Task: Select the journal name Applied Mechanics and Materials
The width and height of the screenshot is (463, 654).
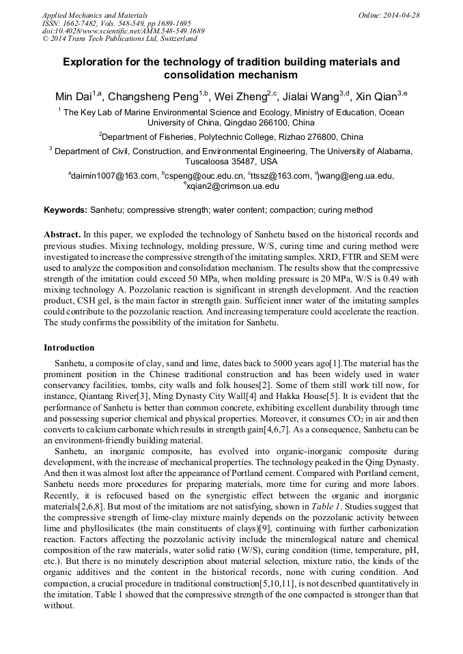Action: [95, 15]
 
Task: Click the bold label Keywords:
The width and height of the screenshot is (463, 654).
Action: [66, 210]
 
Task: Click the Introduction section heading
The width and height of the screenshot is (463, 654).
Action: [69, 348]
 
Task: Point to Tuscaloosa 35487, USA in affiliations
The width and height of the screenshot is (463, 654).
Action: [231, 162]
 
